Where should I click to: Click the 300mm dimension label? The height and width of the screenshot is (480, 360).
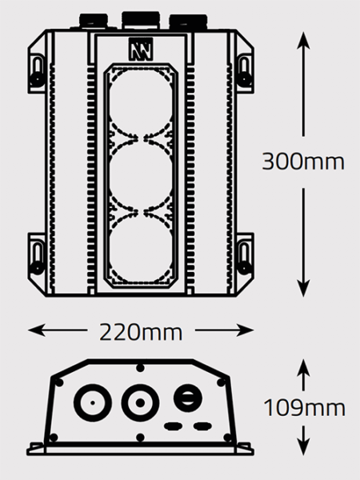(x=303, y=162)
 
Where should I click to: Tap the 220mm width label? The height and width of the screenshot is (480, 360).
(x=141, y=333)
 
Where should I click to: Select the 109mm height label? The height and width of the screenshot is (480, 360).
(x=304, y=408)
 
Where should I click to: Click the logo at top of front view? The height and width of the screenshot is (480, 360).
(x=141, y=49)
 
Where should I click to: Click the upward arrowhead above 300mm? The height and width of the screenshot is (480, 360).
(x=303, y=40)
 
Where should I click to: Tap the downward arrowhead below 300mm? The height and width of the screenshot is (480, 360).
(x=303, y=288)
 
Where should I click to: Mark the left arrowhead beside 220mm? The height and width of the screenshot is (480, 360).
(x=36, y=330)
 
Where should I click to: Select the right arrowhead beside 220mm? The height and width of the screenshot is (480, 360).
(x=245, y=330)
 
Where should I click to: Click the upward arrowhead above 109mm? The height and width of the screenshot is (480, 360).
(x=303, y=367)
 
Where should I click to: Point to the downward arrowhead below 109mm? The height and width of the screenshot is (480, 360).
(x=303, y=446)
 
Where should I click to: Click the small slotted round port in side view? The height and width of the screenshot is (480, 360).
(x=188, y=398)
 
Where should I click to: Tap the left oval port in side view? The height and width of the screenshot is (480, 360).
(x=174, y=426)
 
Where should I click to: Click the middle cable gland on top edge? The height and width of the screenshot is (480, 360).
(x=141, y=20)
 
